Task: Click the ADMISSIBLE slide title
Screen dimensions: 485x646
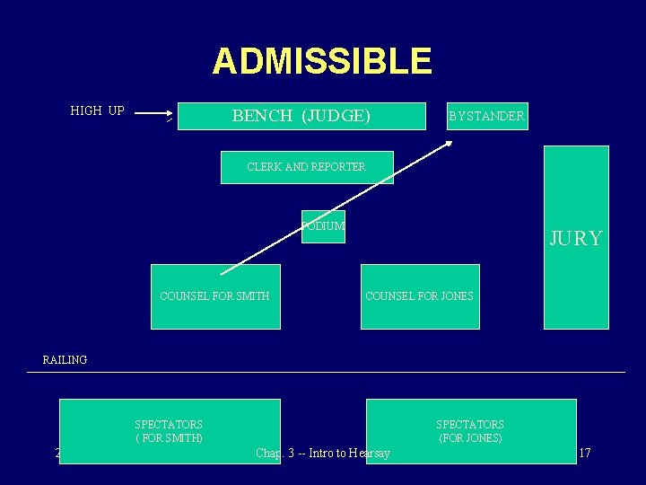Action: (322, 62)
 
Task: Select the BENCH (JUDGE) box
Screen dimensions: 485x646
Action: (301, 116)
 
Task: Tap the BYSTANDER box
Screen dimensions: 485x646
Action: (487, 116)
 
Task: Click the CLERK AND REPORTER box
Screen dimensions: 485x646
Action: (307, 167)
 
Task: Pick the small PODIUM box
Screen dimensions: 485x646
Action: (323, 226)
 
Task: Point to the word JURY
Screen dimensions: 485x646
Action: (576, 238)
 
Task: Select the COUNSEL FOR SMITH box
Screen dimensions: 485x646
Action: (215, 296)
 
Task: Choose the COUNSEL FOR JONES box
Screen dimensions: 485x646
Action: (420, 296)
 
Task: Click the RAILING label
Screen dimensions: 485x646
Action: (65, 360)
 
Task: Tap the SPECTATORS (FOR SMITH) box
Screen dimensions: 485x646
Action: (170, 431)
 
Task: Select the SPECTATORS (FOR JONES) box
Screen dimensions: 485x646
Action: (470, 431)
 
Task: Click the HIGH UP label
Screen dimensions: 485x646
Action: (97, 111)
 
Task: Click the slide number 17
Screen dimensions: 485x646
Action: (584, 454)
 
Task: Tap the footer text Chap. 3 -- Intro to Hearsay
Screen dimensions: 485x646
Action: (323, 454)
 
